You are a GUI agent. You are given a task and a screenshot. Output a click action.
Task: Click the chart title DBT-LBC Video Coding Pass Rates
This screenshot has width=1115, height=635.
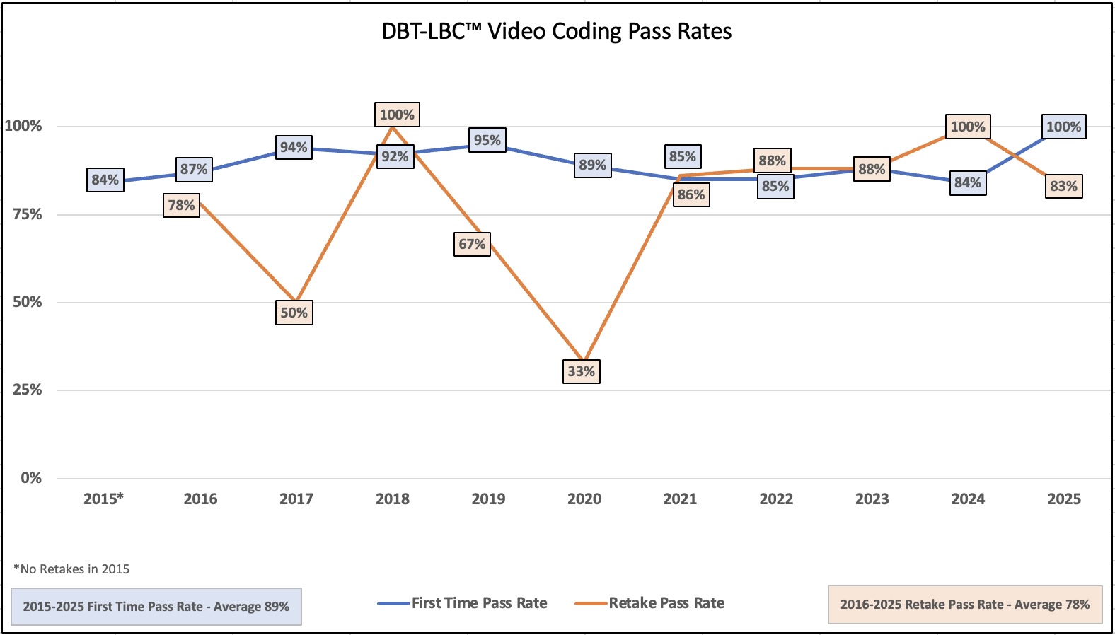[557, 32]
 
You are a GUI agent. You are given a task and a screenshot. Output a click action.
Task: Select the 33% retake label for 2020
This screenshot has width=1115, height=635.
[582, 371]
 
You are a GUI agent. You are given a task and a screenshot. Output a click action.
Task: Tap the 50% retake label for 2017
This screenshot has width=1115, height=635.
[294, 313]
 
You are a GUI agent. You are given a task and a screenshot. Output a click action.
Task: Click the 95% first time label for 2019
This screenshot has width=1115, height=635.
[487, 140]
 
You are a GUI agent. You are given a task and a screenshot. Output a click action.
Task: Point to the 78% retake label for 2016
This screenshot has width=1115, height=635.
[181, 205]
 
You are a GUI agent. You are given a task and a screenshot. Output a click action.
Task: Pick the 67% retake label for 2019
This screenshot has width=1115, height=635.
[472, 244]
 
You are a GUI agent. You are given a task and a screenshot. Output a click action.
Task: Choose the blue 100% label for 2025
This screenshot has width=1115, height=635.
[1063, 127]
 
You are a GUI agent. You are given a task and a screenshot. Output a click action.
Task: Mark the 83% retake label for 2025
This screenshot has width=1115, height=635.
[1063, 186]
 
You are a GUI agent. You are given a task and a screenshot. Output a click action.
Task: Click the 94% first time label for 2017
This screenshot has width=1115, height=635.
[294, 147]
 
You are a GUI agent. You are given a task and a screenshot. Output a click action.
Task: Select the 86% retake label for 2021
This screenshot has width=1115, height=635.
[691, 194]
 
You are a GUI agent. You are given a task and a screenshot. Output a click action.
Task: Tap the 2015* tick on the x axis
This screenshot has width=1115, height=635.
[103, 499]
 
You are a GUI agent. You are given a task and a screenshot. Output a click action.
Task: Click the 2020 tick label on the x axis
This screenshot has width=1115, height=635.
[584, 499]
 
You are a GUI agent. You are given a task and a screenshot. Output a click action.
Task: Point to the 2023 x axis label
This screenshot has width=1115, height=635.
[872, 499]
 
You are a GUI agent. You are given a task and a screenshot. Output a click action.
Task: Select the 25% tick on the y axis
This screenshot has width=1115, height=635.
[28, 390]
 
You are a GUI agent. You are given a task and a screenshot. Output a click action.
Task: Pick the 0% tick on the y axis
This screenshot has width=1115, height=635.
[31, 478]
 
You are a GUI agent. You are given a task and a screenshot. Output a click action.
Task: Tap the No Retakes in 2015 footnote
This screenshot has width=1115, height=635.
[71, 569]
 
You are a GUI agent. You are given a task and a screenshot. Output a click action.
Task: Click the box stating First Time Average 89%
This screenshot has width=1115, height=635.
[156, 607]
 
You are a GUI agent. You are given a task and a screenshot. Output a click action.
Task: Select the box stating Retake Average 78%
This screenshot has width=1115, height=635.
[965, 605]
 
